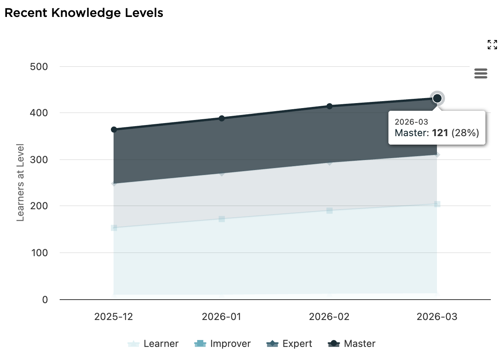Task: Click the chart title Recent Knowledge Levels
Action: tap(84, 13)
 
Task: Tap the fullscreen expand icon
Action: tap(492, 45)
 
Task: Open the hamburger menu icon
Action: tap(481, 73)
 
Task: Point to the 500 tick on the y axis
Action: tap(39, 67)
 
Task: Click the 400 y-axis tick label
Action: tap(39, 113)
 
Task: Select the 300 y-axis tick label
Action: tap(39, 160)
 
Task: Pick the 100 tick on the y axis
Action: tap(39, 253)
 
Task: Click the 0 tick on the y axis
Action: tap(45, 300)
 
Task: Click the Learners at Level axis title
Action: tap(20, 182)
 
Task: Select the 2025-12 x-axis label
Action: tap(114, 317)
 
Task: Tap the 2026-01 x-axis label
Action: tap(221, 317)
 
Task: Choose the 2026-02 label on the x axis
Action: tap(329, 317)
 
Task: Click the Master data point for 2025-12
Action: tap(114, 130)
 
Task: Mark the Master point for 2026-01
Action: tap(222, 118)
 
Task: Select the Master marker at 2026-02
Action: tap(330, 106)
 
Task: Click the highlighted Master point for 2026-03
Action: tap(437, 98)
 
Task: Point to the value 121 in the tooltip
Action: tap(440, 133)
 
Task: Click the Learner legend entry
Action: tap(153, 343)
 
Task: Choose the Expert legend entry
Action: tap(289, 343)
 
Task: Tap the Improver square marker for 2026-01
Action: tap(222, 219)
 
